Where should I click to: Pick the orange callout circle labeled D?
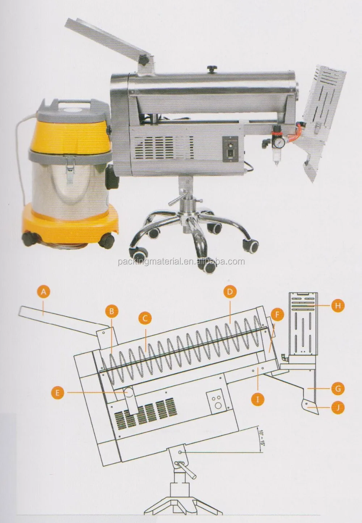coord(230,292)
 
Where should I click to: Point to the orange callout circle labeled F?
coord(277,315)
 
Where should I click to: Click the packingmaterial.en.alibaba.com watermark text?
coord(181,261)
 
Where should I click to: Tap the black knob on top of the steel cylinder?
coord(212,69)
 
